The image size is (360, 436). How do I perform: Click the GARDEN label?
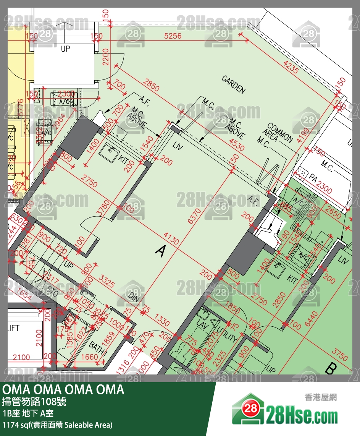[233, 84]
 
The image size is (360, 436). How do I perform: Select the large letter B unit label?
[331, 369]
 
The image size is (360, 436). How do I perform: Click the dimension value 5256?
[173, 36]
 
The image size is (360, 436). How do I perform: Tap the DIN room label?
[134, 296]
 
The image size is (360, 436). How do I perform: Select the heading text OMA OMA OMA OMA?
[63, 390]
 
